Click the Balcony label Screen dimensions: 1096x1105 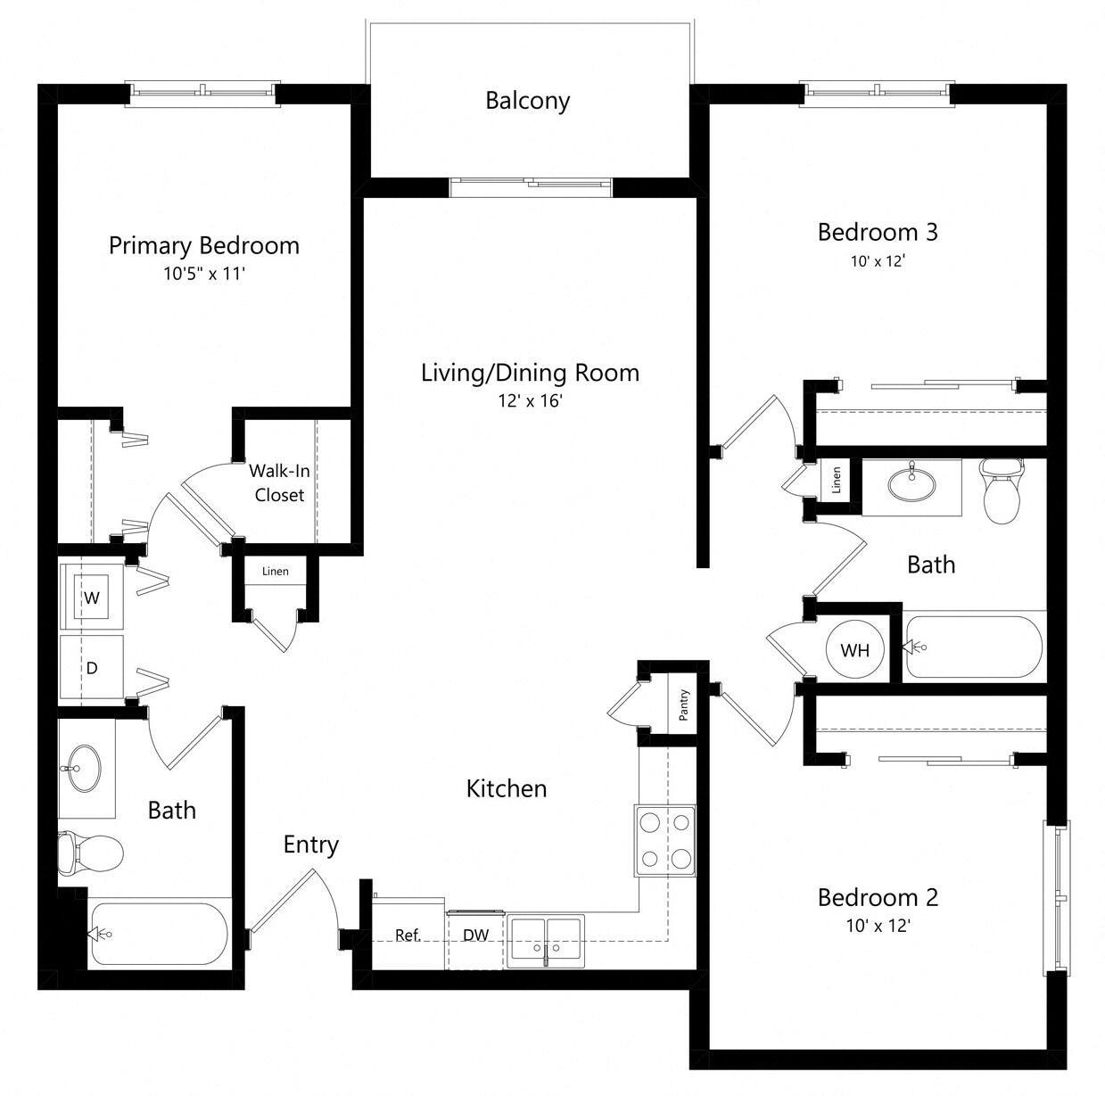(x=527, y=101)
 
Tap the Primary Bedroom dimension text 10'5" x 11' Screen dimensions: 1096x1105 (x=203, y=274)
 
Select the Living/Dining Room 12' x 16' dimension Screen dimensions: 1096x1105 (x=530, y=401)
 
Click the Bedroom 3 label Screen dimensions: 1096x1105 (x=878, y=233)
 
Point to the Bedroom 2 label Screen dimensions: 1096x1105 (x=878, y=897)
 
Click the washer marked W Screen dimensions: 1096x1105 (x=91, y=598)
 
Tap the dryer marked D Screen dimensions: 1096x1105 (x=91, y=668)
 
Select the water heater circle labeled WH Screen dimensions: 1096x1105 (x=854, y=650)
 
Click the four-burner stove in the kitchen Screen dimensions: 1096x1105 (x=665, y=839)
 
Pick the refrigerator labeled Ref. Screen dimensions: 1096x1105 (x=408, y=935)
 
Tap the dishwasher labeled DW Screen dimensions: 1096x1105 (x=475, y=935)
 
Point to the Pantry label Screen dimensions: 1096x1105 (x=683, y=704)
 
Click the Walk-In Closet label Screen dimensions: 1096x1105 (x=279, y=482)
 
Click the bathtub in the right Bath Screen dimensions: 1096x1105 (x=972, y=647)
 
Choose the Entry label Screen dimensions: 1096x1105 (x=310, y=845)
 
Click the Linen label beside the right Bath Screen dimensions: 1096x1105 (x=836, y=481)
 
